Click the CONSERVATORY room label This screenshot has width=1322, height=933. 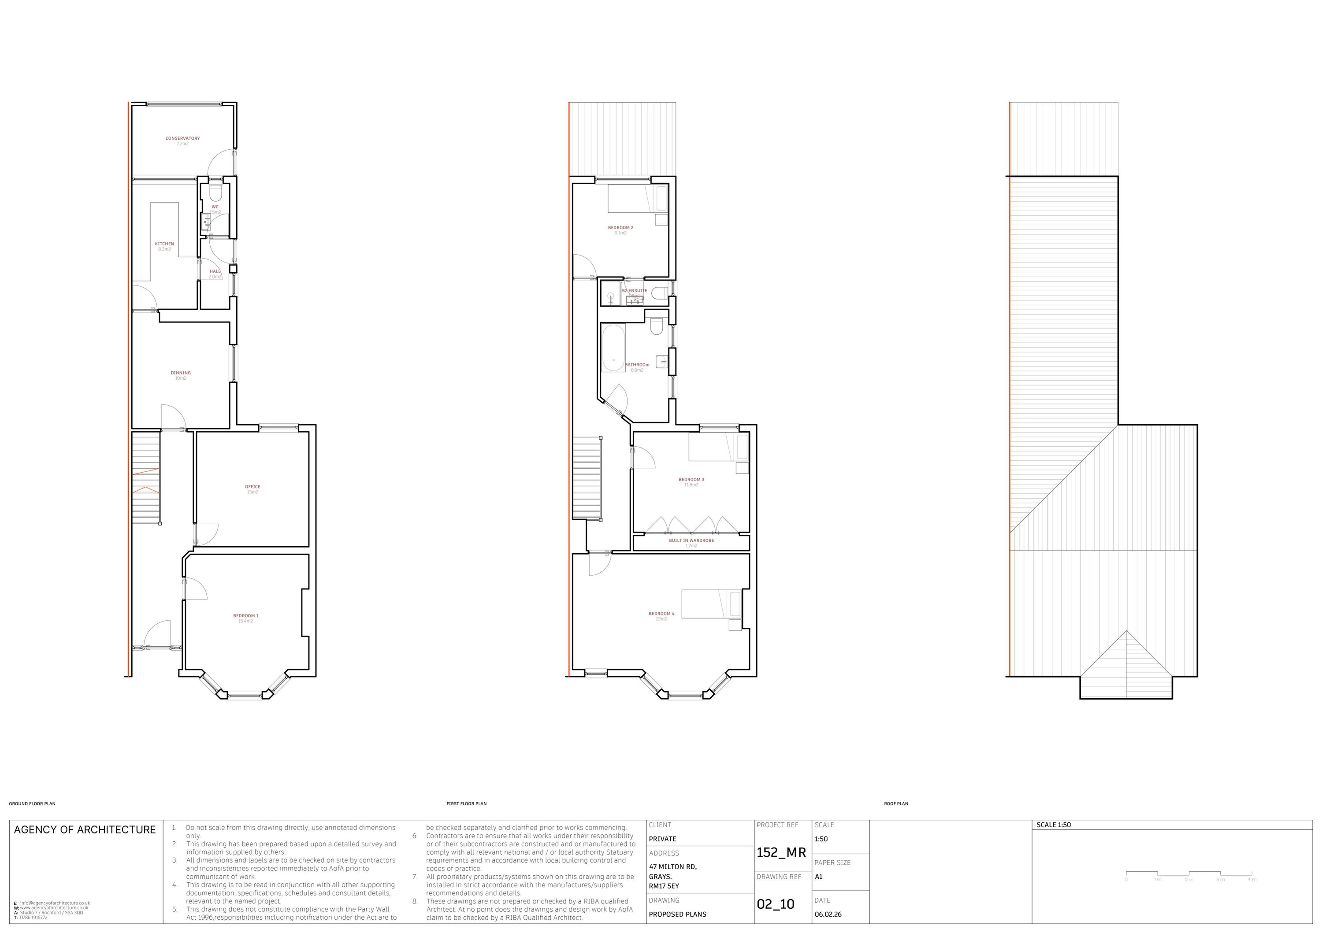pos(182,138)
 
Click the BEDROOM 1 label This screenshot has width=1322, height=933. pos(245,616)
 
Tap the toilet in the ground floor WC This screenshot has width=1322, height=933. pos(216,192)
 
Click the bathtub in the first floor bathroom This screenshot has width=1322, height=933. pos(613,348)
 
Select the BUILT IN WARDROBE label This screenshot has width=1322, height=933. pos(691,541)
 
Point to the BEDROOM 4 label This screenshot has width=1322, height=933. pos(661,614)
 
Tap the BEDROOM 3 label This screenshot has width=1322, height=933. pos(691,479)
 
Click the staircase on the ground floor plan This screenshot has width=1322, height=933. pos(146,478)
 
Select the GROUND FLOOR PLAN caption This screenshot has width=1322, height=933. pos(32,803)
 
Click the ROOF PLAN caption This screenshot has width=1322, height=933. pos(896,803)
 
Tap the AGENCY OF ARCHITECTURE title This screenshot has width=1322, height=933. pos(85,829)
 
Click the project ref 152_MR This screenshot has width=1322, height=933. pos(781,852)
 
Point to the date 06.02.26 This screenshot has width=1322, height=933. pos(828,914)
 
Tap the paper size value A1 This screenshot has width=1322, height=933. pos(818,877)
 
